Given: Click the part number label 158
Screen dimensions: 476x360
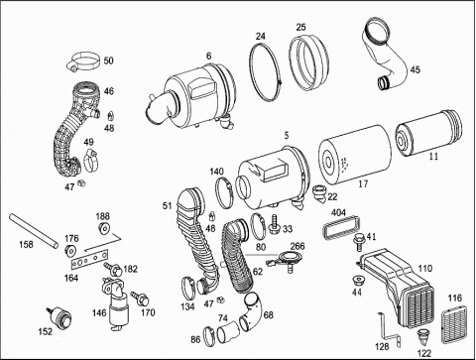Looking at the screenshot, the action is click(26, 244).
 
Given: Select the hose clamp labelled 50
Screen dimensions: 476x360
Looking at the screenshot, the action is click(84, 61).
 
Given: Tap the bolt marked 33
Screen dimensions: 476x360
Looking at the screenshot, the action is click(274, 223).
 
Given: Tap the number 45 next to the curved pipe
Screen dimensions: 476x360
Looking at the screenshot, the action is click(416, 69).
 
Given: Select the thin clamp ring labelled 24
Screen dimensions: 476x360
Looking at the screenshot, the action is click(265, 70).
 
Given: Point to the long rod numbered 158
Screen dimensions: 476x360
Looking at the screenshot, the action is click(34, 231).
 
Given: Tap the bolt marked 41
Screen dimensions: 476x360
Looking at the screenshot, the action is click(359, 241).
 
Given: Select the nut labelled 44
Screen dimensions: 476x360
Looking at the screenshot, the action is click(358, 281).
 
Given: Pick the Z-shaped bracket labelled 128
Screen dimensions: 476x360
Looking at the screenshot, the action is click(390, 328).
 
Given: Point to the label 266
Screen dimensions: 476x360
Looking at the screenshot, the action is click(297, 247).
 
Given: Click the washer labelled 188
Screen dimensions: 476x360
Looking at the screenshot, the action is click(104, 228).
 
